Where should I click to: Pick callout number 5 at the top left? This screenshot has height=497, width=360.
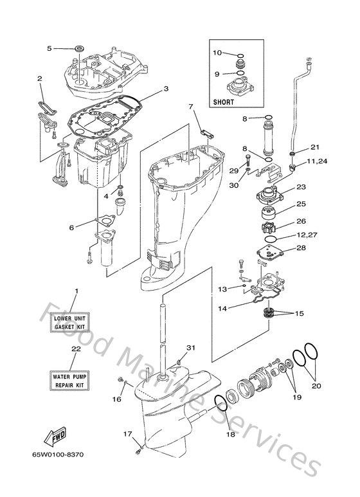tap(49, 48)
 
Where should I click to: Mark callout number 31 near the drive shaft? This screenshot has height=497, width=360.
tap(190, 348)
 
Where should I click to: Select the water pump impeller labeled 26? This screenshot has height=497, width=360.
tap(271, 228)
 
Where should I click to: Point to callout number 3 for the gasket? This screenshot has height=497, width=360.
tap(165, 89)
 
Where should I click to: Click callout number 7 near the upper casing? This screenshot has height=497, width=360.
tap(190, 106)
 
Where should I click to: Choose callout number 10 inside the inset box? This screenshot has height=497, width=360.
tap(217, 53)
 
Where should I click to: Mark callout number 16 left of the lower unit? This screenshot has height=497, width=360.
tap(116, 399)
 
